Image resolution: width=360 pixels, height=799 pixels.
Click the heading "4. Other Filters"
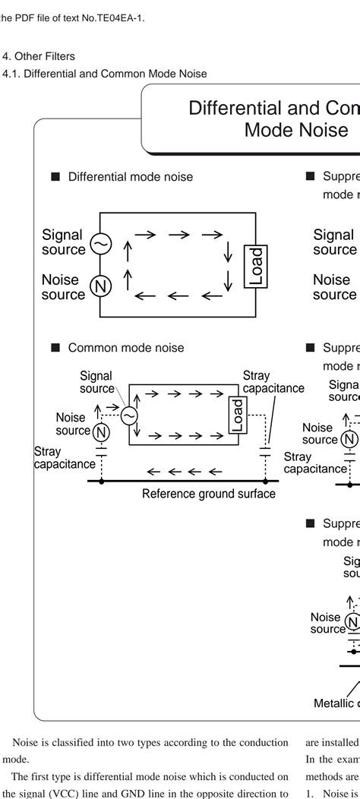[x=39, y=56]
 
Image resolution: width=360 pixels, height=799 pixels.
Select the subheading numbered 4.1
[x=105, y=74]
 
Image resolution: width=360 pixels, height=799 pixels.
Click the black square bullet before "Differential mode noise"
[x=55, y=177]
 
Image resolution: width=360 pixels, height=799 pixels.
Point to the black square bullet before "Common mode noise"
[x=55, y=348]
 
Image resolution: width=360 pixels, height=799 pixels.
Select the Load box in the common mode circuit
[x=236, y=416]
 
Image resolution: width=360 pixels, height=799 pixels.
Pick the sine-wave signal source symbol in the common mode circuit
[x=129, y=415]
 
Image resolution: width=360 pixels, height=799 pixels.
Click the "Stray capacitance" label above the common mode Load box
[x=272, y=382]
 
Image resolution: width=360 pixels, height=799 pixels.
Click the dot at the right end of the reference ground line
[x=265, y=481]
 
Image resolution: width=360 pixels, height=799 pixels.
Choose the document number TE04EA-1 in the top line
[x=117, y=17]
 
